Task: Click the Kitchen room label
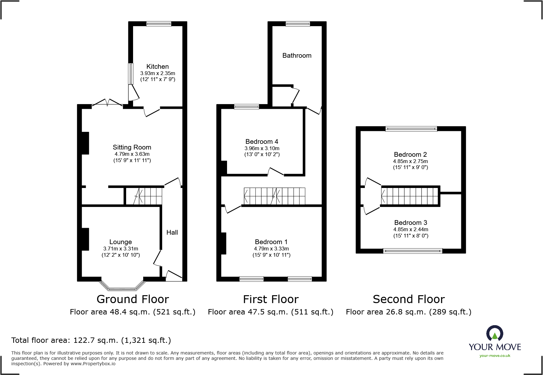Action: tap(157, 67)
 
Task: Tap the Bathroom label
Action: tap(297, 56)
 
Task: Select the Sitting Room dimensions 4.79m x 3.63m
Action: tap(132, 154)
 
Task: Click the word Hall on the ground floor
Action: tap(172, 232)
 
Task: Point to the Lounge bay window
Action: tap(122, 285)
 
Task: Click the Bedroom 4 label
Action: tap(262, 142)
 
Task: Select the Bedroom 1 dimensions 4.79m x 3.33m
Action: tap(271, 249)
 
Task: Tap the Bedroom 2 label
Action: tap(410, 155)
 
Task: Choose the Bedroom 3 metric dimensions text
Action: tap(411, 229)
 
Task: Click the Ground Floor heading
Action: tap(133, 299)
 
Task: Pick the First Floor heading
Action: tap(271, 299)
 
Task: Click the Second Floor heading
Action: tap(409, 299)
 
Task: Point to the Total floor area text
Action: tap(91, 340)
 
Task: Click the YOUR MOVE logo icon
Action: tap(494, 333)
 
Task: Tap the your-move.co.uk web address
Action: tap(495, 356)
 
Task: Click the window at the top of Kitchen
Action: tap(159, 24)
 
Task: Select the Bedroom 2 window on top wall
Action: tap(411, 129)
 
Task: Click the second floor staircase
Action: tap(410, 196)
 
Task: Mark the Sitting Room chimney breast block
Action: tap(85, 143)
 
